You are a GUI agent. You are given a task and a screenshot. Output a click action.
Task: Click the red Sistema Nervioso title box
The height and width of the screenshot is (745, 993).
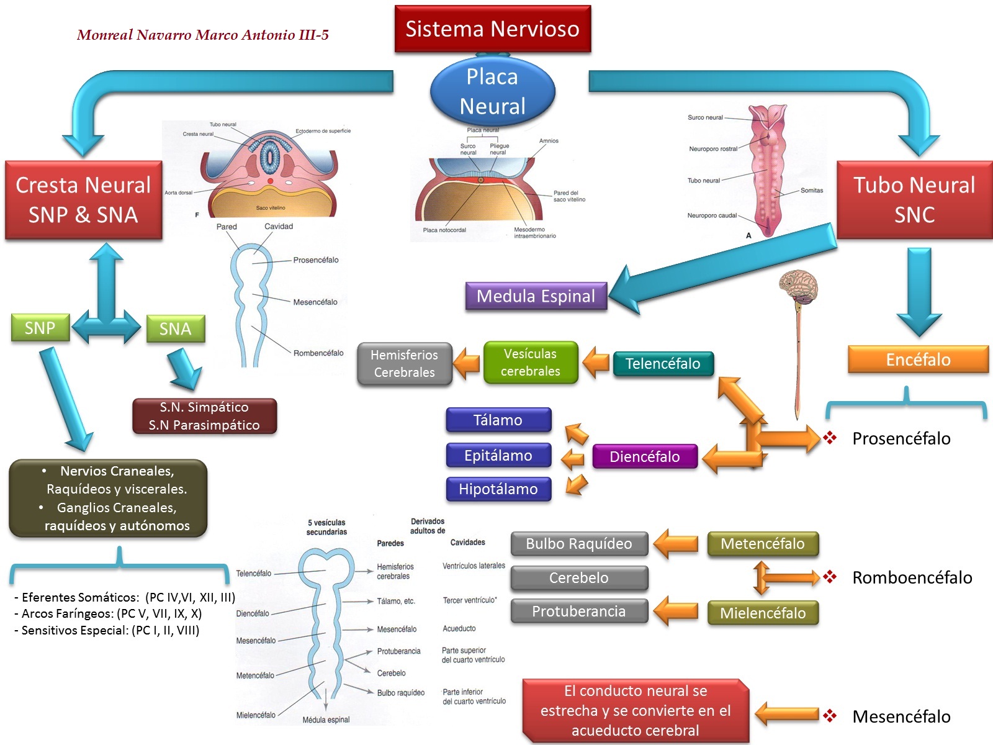[492, 29]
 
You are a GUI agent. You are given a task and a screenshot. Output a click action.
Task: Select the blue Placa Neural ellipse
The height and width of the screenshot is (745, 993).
[492, 91]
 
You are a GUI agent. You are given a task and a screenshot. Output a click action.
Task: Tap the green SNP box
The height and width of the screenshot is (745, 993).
[40, 328]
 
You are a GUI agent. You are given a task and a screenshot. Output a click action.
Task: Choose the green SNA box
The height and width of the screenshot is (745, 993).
[175, 328]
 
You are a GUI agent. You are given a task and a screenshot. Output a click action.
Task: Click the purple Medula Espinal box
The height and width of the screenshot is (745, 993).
[536, 296]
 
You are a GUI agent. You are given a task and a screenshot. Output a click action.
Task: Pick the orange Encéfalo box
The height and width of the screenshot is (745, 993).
[918, 359]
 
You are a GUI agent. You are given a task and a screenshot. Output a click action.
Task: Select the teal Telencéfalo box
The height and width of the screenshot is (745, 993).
[662, 364]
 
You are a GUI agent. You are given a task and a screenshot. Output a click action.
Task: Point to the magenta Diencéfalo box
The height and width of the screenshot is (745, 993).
[644, 457]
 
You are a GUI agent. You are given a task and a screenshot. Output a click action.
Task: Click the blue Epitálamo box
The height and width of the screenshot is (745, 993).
[498, 456]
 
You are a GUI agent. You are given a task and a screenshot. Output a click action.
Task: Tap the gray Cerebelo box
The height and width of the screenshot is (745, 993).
[578, 578]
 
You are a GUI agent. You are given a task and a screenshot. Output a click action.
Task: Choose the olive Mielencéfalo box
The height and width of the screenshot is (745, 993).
[763, 613]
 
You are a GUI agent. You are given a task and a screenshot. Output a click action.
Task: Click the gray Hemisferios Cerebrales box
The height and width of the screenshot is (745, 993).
[404, 364]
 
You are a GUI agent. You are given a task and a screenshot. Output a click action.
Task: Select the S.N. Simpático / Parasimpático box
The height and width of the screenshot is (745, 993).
[204, 416]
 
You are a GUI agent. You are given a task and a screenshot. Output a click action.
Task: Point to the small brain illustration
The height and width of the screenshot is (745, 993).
[798, 287]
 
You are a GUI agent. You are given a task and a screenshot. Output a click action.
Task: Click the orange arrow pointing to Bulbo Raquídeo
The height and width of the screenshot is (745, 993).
[676, 544]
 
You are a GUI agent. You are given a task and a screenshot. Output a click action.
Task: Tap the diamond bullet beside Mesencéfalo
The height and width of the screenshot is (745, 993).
[830, 716]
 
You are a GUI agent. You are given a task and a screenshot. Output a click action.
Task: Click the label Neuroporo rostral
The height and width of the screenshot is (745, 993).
[713, 149]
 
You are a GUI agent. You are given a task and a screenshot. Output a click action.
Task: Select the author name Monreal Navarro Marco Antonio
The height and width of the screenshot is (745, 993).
[202, 35]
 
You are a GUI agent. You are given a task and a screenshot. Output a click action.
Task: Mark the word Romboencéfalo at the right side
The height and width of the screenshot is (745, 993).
[912, 578]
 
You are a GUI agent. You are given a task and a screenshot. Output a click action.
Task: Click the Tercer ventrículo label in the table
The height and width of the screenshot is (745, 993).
[469, 600]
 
